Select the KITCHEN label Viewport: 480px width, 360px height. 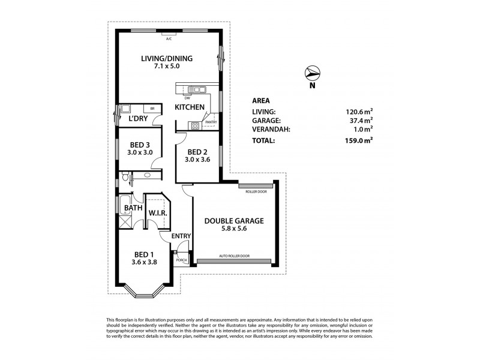[190, 107]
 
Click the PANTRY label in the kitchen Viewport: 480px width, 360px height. [211, 122]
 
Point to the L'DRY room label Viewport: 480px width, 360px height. [138, 118]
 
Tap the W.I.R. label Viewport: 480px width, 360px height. [157, 214]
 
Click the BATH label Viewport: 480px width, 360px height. [133, 208]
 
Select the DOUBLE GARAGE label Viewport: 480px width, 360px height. [234, 220]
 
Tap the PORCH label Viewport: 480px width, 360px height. [181, 260]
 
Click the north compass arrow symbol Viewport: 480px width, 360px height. [311, 73]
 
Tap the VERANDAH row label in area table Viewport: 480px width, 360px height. [271, 128]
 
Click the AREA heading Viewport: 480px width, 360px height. [262, 100]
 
